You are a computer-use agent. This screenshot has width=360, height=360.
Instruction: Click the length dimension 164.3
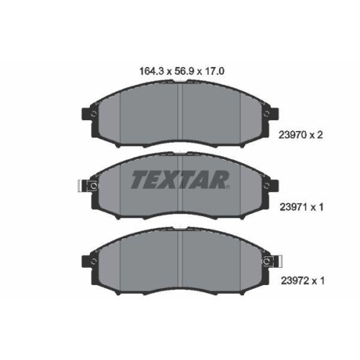pyautogui.click(x=151, y=71)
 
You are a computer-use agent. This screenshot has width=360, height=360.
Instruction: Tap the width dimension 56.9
pyautogui.click(x=184, y=71)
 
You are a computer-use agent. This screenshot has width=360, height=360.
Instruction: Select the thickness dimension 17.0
pyautogui.click(x=214, y=71)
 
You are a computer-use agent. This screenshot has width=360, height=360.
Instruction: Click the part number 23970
pyautogui.click(x=292, y=135)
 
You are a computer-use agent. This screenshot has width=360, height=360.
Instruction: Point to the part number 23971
pyautogui.click(x=294, y=207)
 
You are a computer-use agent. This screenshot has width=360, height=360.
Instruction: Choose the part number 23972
pyautogui.click(x=294, y=280)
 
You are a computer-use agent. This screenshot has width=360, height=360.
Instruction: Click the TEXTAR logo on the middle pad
pyautogui.click(x=180, y=179)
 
